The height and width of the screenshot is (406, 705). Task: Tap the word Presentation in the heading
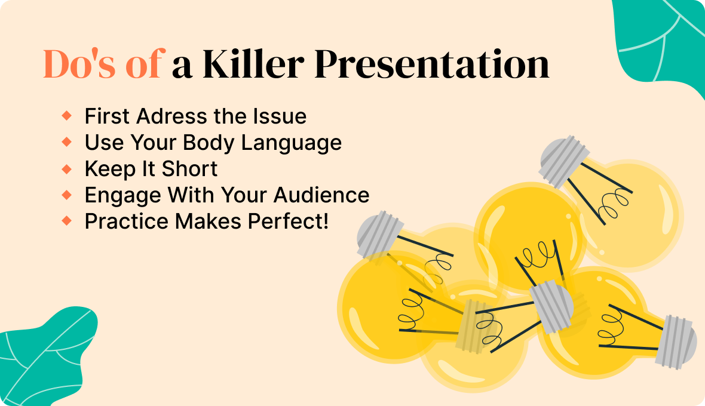431,64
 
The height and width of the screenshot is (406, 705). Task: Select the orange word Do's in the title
79,64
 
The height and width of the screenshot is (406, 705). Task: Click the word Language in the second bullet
292,143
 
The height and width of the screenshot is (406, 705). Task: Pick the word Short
189,169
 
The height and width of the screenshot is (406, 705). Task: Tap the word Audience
321,195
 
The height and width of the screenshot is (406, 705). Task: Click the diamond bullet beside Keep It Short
66,169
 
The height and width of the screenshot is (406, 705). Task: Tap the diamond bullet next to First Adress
66,116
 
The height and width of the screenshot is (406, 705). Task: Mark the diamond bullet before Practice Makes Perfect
66,220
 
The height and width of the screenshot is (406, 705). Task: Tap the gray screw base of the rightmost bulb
676,342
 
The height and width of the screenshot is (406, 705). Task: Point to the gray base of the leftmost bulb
380,235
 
